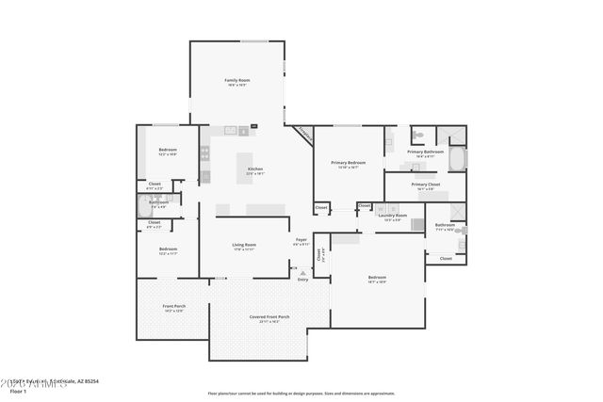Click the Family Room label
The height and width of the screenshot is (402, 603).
click(236, 82)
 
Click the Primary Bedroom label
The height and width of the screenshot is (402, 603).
click(348, 164)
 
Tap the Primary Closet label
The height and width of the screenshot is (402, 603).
click(425, 185)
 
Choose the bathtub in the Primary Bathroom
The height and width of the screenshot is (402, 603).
click(456, 158)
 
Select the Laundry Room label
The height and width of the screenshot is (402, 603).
click(393, 217)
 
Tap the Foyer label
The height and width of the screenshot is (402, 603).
click(301, 241)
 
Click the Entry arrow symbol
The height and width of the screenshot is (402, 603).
click(302, 272)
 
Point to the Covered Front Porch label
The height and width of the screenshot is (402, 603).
click(269, 318)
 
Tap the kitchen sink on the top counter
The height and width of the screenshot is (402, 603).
click(229, 130)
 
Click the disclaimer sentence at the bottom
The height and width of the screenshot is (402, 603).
click(301, 393)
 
